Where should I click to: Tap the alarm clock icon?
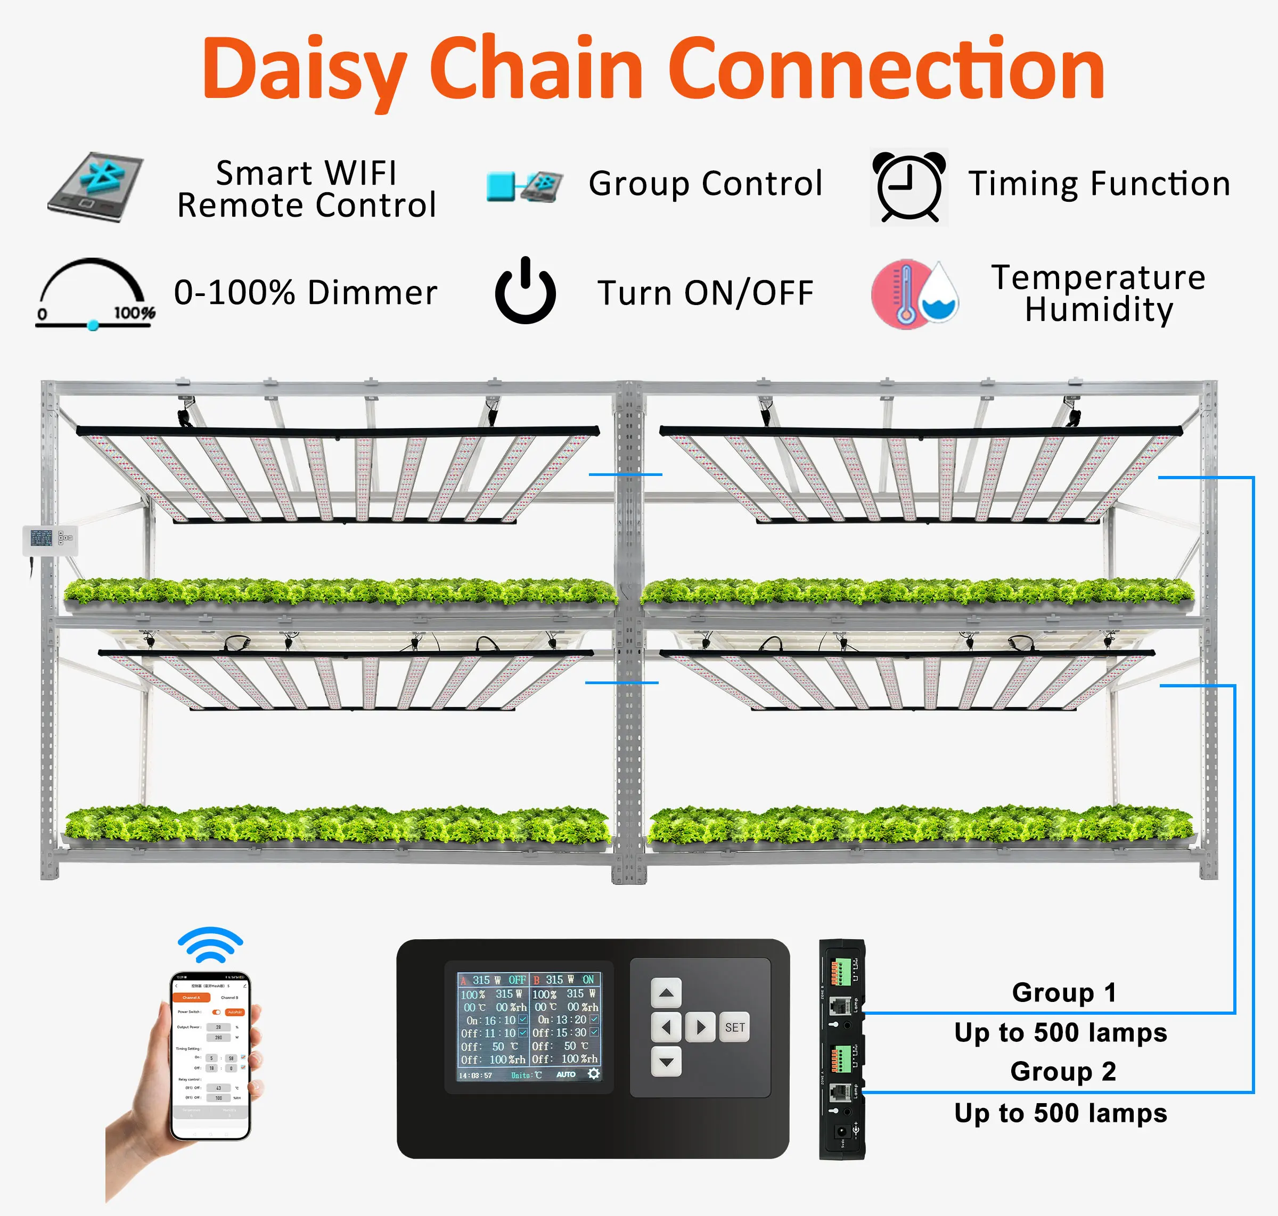point(909,187)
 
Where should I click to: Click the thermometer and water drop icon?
point(915,295)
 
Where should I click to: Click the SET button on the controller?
point(735,1028)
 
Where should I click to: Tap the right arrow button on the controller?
point(700,1028)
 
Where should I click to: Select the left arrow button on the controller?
point(666,1028)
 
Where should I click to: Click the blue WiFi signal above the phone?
point(210,945)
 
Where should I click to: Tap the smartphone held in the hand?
point(210,1056)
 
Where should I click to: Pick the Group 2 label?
point(1063,1072)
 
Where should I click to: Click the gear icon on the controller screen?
point(593,1074)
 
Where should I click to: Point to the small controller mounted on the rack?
point(50,539)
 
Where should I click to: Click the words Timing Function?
point(1099,184)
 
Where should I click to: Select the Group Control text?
point(706,184)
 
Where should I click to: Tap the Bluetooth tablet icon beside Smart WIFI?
point(96,187)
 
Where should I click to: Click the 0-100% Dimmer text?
point(306,292)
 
